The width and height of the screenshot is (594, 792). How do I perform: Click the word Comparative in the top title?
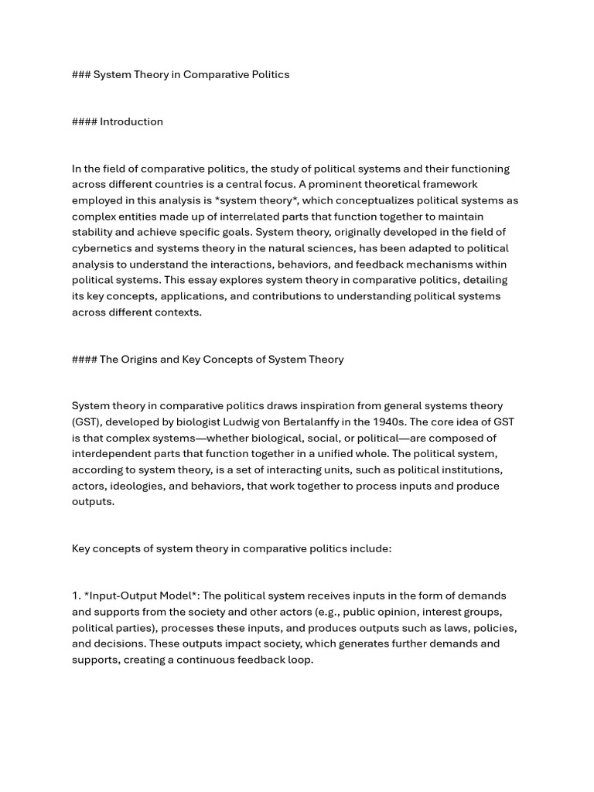click(x=212, y=74)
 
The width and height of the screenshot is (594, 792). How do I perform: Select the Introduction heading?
click(x=131, y=121)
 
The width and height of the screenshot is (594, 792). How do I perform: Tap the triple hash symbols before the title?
click(x=81, y=74)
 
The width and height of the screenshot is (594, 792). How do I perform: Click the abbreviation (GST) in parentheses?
click(x=85, y=422)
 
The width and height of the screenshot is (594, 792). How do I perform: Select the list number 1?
click(x=77, y=596)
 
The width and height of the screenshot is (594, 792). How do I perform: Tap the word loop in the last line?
click(x=299, y=660)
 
